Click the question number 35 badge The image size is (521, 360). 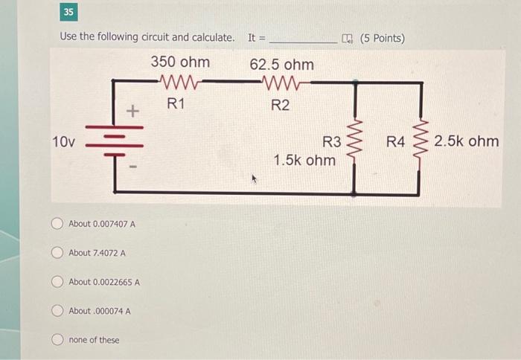[69, 13]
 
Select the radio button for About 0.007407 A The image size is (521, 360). [58, 224]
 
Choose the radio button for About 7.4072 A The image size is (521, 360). [58, 253]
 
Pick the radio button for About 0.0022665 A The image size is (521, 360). [58, 282]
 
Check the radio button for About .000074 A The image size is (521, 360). [58, 311]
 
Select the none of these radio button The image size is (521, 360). [58, 340]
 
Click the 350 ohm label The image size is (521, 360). [180, 62]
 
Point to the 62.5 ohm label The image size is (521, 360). [281, 64]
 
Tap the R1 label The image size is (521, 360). [176, 103]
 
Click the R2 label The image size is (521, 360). [280, 105]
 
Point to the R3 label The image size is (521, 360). [331, 141]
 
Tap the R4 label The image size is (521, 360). [397, 141]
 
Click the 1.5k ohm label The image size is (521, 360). [304, 160]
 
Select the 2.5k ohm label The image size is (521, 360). [467, 141]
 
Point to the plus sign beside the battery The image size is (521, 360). [132, 112]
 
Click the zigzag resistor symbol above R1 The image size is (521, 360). [176, 81]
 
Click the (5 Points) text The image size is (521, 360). [382, 38]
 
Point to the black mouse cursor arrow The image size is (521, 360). [255, 179]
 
